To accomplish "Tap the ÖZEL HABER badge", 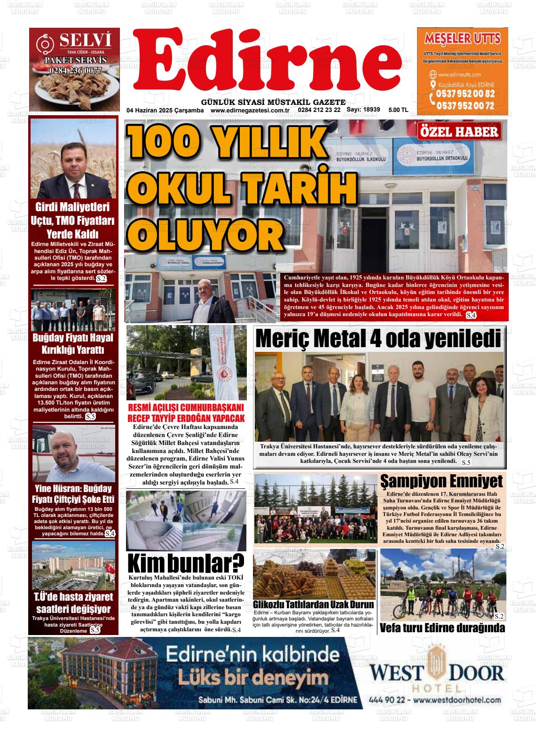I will [x=460, y=132].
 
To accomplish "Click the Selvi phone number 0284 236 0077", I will [x=75, y=71].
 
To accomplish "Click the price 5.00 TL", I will [x=398, y=110].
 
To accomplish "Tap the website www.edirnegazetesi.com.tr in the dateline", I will [x=249, y=110].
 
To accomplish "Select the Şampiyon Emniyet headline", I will [x=441, y=481].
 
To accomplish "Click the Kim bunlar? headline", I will [x=186, y=562].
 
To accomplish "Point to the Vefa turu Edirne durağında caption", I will [x=442, y=628].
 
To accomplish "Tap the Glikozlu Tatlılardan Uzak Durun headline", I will [x=314, y=604].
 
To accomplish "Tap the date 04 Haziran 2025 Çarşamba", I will [x=165, y=110].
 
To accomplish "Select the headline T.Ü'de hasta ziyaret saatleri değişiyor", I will [x=73, y=603].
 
